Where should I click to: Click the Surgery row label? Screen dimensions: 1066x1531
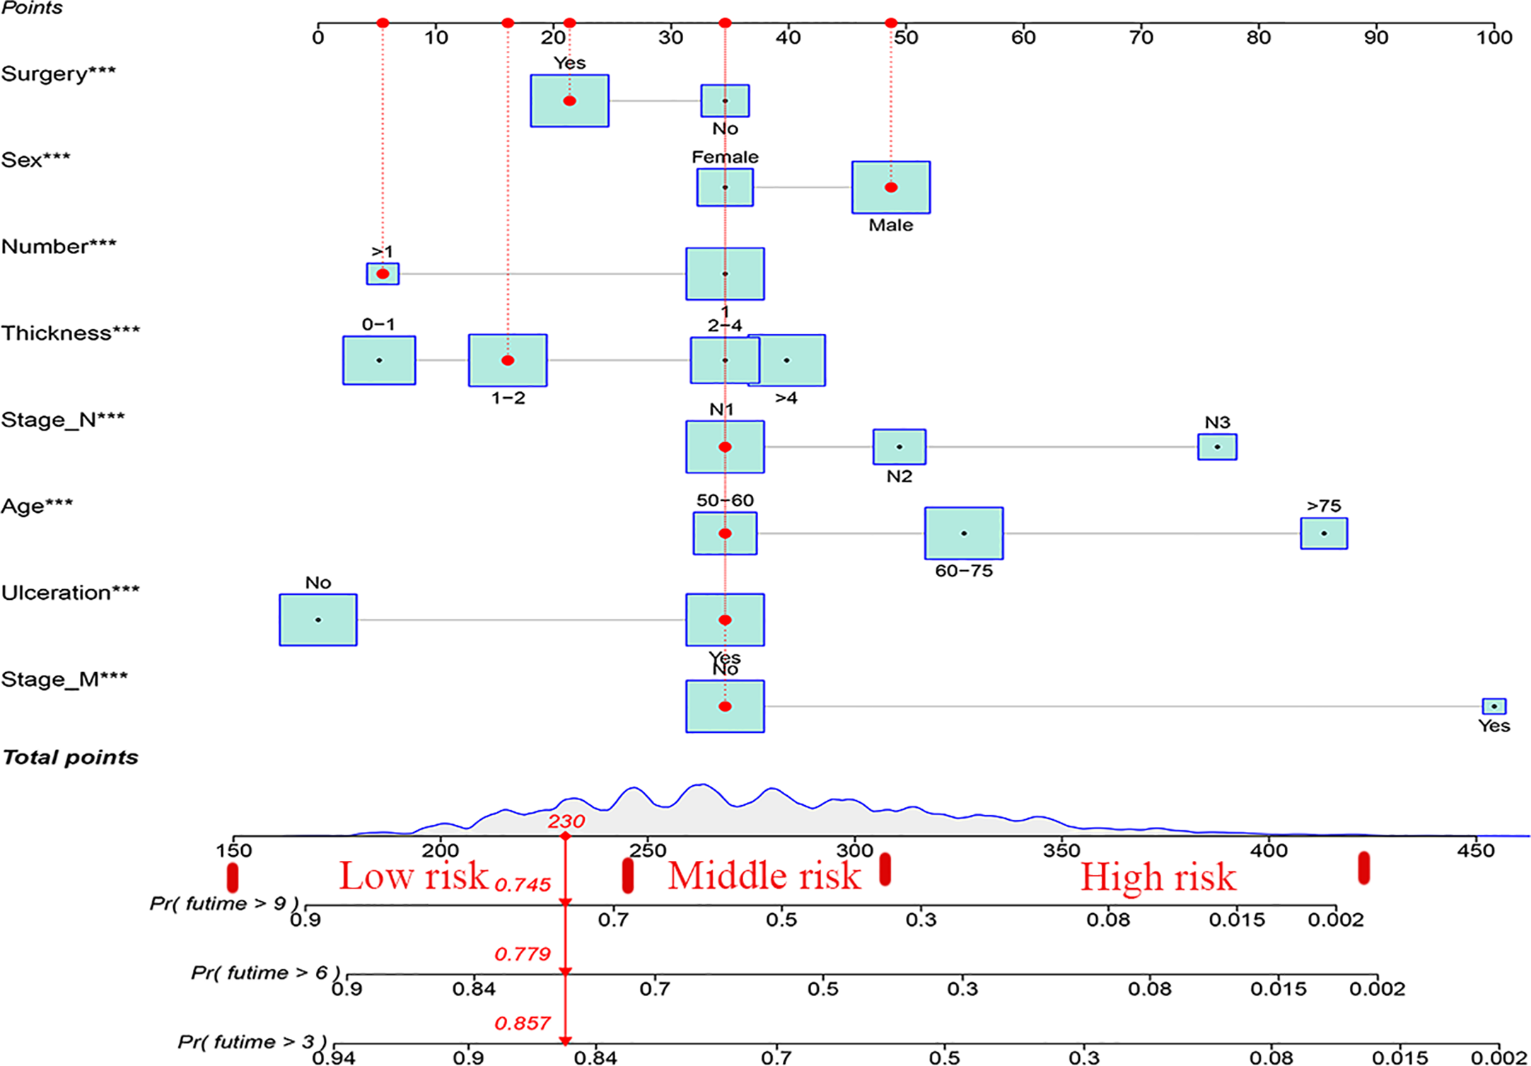coord(58,74)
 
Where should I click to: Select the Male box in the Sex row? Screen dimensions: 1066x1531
coord(890,187)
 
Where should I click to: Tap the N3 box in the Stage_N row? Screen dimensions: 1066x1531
coord(1216,447)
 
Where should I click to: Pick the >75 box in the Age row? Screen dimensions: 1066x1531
coord(1323,533)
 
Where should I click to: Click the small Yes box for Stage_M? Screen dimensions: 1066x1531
coord(1494,706)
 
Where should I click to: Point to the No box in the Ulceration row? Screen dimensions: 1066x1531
coord(318,620)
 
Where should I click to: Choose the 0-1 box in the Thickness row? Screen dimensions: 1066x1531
coord(379,360)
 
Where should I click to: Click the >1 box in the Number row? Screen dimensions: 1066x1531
coord(383,274)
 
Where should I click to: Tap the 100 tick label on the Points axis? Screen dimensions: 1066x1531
coord(1494,37)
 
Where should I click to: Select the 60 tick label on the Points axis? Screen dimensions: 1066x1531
coord(1023,37)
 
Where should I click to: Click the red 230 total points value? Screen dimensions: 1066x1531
coord(566,821)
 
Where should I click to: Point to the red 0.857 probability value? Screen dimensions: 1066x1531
coord(522,1024)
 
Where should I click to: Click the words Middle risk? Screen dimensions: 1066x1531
coord(764,876)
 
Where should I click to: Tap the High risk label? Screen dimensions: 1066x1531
coord(1158,878)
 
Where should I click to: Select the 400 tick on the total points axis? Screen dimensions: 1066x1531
coord(1269,850)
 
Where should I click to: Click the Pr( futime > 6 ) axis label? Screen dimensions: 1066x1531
coord(265,973)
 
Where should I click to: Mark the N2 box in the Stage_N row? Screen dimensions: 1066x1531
coord(899,447)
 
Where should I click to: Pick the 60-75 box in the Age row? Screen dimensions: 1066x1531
coord(963,533)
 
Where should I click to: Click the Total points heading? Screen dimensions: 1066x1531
coord(70,758)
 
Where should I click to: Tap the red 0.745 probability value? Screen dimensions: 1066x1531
coord(522,885)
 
